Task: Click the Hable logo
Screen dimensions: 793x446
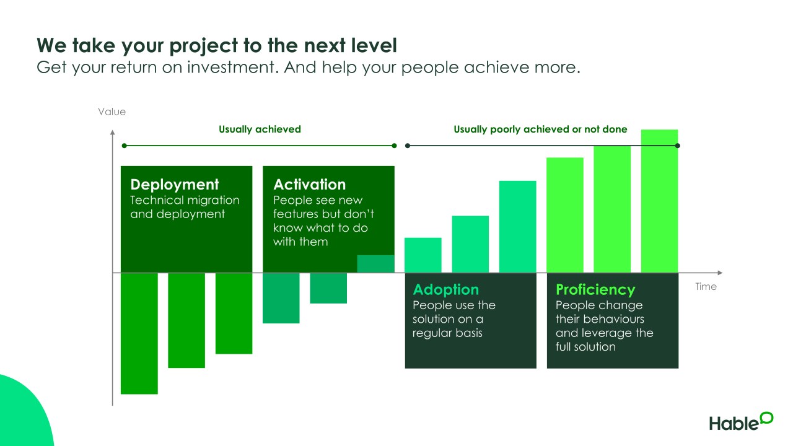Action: (741, 421)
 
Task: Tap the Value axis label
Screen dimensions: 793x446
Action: (112, 112)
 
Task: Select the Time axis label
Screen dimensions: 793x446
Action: (706, 286)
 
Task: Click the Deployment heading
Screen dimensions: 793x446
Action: (175, 185)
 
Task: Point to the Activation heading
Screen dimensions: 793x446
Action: (309, 185)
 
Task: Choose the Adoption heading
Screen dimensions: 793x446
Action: (445, 290)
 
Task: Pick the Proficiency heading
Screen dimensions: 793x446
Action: (595, 290)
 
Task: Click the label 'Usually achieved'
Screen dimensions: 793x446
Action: (260, 129)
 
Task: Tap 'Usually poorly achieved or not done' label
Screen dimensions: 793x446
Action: (540, 129)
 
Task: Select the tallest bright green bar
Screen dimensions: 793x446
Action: (659, 201)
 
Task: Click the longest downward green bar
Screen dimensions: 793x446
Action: (139, 333)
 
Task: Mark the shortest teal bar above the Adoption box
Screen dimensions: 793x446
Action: (423, 255)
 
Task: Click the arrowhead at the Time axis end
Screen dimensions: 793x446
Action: (720, 273)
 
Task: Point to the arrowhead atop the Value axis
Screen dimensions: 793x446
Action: (113, 133)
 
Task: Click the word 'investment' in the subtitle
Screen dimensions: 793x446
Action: (231, 68)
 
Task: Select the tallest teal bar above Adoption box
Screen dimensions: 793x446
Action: (517, 227)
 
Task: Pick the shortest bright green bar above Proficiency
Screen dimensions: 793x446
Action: (564, 215)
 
